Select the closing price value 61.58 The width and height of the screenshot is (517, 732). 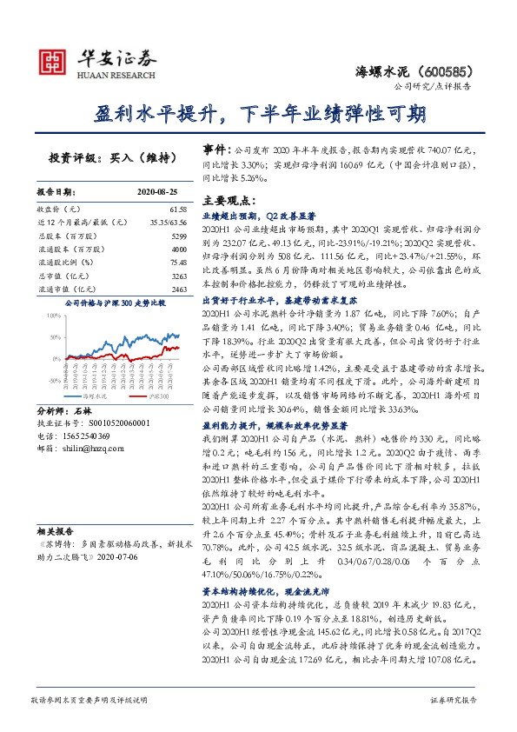tap(178, 210)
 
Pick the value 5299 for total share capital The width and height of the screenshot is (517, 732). tap(179, 236)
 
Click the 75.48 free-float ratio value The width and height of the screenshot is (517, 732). tap(178, 262)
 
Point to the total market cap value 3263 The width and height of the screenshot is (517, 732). tap(179, 275)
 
